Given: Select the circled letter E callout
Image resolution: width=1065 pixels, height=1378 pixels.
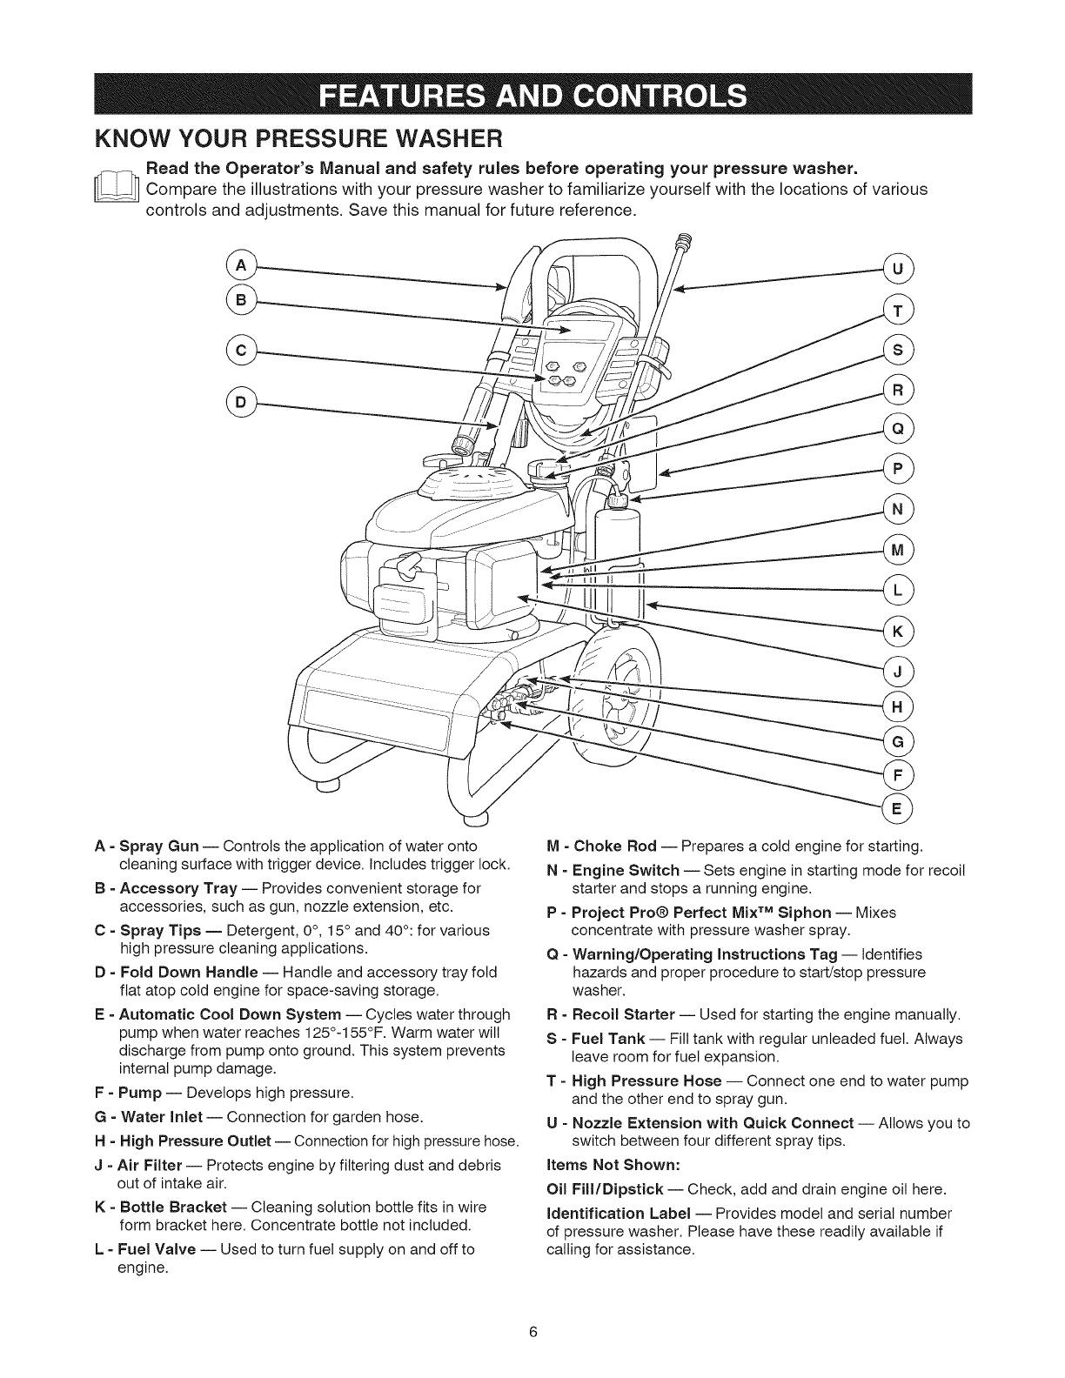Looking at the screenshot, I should coord(896,807).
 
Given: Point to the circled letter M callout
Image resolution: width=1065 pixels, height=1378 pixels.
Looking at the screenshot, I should coord(896,548).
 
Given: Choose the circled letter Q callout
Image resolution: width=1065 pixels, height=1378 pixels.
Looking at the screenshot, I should coord(896,426).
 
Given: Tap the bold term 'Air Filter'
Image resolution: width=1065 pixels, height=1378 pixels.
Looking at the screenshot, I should coord(150,1165).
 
